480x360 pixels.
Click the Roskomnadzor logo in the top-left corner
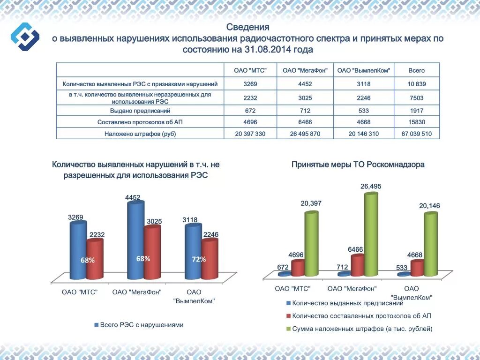25,36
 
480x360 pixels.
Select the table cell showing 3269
250,84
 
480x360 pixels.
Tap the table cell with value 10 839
416,84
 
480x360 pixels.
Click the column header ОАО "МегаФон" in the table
305,70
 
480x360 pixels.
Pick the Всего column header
416,70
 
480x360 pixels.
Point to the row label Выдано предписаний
140,111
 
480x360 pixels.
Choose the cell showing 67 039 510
416,134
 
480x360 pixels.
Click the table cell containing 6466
305,122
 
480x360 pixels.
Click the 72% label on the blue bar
199,259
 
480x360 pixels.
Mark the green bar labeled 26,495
371,234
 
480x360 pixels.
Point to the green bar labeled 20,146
430,244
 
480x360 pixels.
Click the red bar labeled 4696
298,268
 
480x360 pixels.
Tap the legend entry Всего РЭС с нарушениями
141,325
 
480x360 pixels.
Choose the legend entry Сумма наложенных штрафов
361,329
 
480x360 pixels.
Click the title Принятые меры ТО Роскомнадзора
358,165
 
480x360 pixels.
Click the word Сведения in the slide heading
247,27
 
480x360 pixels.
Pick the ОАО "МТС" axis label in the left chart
80,292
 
